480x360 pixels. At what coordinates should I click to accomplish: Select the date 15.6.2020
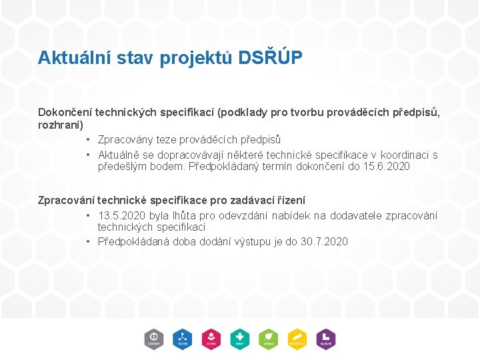click(387, 167)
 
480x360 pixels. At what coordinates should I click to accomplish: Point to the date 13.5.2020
click(119, 215)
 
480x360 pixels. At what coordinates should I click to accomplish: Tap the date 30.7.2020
click(324, 241)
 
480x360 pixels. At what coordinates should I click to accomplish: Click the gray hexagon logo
click(154, 339)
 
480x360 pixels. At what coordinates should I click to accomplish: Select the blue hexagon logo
click(182, 339)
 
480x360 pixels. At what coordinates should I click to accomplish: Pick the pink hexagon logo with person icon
click(211, 339)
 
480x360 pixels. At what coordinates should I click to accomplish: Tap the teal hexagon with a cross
click(239, 339)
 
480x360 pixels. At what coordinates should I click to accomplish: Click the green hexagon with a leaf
click(268, 339)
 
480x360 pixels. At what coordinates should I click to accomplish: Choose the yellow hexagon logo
click(297, 339)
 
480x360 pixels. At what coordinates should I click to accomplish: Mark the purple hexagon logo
click(325, 339)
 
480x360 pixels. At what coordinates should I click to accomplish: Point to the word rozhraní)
click(60, 125)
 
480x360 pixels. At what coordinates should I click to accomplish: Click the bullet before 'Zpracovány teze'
click(88, 140)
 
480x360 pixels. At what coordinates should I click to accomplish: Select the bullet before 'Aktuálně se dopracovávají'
click(88, 155)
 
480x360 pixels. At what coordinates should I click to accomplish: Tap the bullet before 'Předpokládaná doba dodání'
click(88, 241)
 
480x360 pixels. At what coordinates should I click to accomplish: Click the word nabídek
click(293, 215)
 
